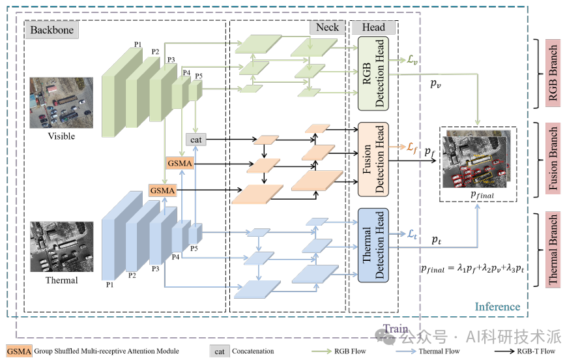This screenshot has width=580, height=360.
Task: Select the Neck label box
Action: [327, 27]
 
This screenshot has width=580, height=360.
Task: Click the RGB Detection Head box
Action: [373, 73]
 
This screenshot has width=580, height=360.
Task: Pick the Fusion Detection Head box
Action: [373, 159]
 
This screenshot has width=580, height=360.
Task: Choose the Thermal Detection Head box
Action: [373, 245]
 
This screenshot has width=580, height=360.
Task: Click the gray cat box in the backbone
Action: [196, 139]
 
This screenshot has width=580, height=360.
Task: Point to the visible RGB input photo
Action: [61, 103]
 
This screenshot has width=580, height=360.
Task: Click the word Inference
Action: [497, 307]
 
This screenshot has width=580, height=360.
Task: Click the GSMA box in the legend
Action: [20, 351]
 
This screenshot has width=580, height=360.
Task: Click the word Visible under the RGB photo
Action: [61, 136]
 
